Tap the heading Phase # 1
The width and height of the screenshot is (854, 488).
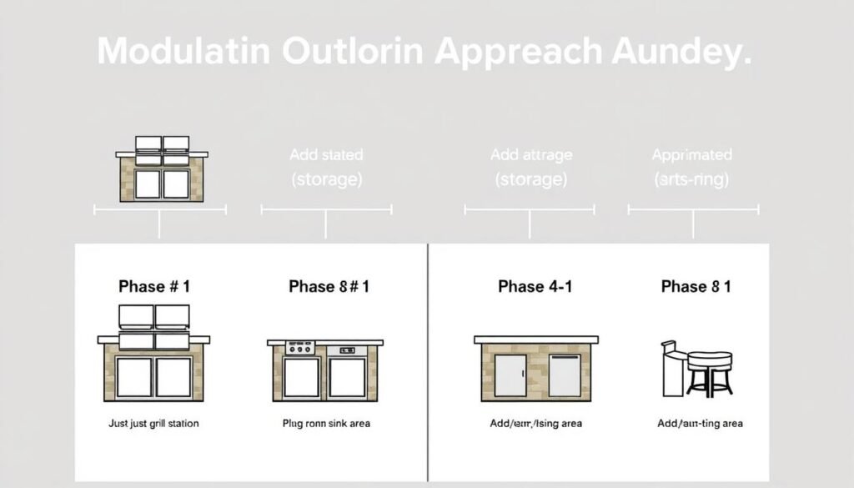coord(154,286)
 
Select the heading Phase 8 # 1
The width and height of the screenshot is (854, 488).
coord(329,286)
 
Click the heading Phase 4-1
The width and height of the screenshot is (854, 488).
coord(534,286)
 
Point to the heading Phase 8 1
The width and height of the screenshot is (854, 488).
coord(696,286)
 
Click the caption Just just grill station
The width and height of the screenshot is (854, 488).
coord(154,424)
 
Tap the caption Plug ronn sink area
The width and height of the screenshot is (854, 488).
coord(326,424)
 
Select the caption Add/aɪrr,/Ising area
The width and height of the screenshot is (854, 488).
coord(536,424)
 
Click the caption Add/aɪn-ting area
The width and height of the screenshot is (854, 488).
coord(700,424)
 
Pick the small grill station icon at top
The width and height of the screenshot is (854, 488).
coord(161,169)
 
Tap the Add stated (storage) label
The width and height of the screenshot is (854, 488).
coord(326,167)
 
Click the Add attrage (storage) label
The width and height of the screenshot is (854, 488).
coord(530,167)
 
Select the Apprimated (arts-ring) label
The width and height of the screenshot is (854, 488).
coord(692,167)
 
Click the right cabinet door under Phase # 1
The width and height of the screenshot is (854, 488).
coord(173,377)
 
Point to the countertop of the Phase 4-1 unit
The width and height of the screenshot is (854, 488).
coord(537,339)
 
